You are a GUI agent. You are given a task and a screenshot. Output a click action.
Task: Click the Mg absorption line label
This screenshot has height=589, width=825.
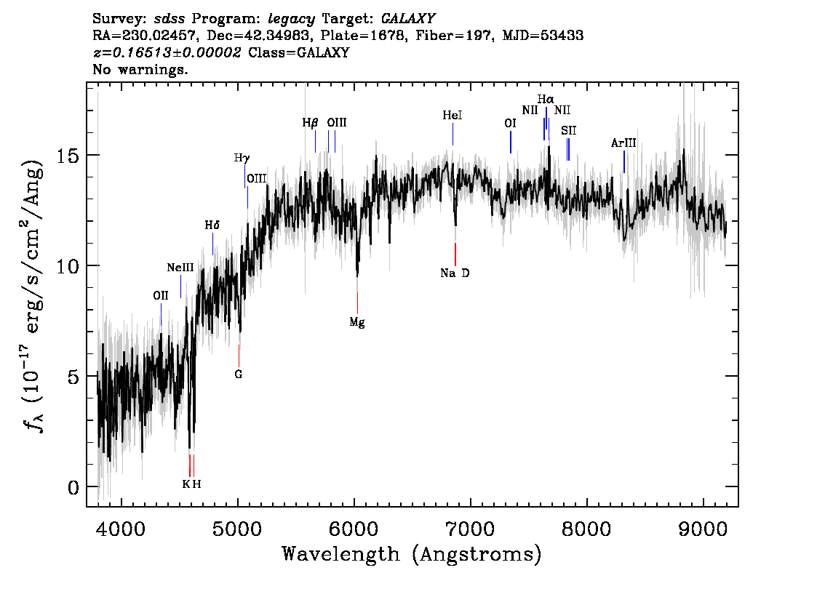pos(356,322)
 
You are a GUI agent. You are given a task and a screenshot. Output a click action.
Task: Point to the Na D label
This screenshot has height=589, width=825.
pos(455,273)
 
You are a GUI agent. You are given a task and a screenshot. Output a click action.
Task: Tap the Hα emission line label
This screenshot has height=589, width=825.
pos(546,99)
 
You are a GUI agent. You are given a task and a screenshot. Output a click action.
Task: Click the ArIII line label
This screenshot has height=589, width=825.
pos(623,143)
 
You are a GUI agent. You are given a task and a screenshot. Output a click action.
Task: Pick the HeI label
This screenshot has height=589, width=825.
pos(453,116)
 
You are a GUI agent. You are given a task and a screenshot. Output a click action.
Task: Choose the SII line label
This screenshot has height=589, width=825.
pos(568,130)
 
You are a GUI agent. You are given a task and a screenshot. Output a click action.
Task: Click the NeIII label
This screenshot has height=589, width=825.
pos(180,268)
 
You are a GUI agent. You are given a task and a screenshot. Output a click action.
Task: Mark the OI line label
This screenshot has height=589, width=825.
pos(510,124)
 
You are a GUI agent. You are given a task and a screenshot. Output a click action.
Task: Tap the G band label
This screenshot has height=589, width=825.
pos(238,374)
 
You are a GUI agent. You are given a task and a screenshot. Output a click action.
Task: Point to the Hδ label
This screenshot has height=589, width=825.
pos(212,225)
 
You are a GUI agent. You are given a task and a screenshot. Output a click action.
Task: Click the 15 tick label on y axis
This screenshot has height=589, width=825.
pos(67,156)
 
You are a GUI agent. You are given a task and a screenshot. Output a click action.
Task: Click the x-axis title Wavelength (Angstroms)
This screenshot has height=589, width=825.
pos(412,555)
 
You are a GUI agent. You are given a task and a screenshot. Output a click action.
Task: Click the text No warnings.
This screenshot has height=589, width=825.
pos(140,70)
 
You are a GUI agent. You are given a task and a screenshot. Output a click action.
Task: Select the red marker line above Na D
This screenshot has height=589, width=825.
pos(455,255)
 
